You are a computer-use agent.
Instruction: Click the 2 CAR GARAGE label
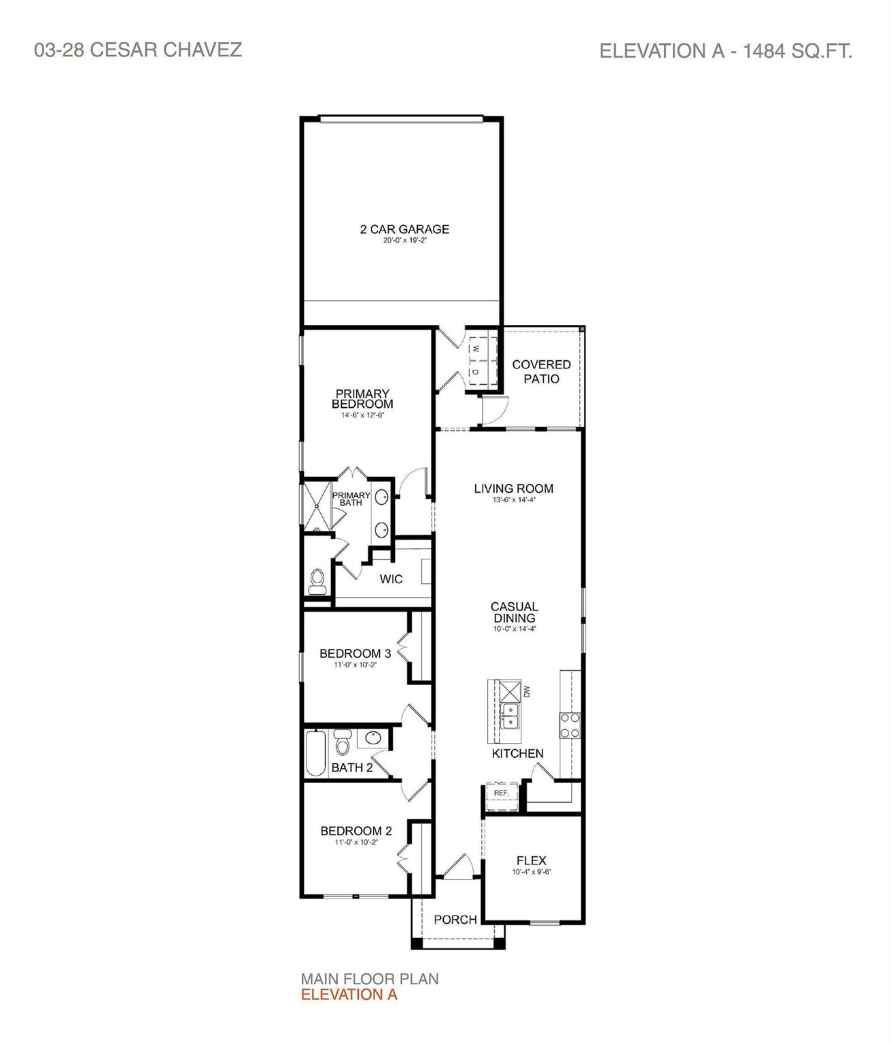(404, 230)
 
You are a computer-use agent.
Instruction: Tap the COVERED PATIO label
(541, 372)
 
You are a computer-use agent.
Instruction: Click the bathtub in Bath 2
(316, 753)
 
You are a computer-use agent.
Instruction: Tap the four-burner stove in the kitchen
(569, 725)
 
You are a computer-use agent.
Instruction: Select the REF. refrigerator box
(502, 793)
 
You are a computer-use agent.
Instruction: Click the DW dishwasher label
(526, 692)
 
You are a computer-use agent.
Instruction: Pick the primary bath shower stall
(316, 507)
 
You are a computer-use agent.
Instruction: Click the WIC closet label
(391, 579)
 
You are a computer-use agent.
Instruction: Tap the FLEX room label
(531, 860)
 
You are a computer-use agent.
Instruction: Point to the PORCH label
(455, 920)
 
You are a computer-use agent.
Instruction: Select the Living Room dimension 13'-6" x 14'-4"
(513, 500)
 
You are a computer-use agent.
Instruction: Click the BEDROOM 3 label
(355, 654)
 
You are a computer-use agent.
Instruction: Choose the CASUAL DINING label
(514, 612)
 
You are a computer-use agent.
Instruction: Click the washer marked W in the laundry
(476, 349)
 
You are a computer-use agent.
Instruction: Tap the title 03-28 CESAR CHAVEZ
(138, 50)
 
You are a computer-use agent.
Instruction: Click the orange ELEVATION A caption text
(349, 994)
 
